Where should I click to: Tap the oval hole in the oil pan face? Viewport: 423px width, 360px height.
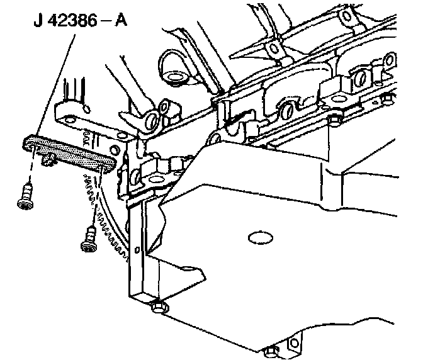click(x=258, y=237)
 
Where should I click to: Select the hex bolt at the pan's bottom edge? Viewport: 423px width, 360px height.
click(x=271, y=352)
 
